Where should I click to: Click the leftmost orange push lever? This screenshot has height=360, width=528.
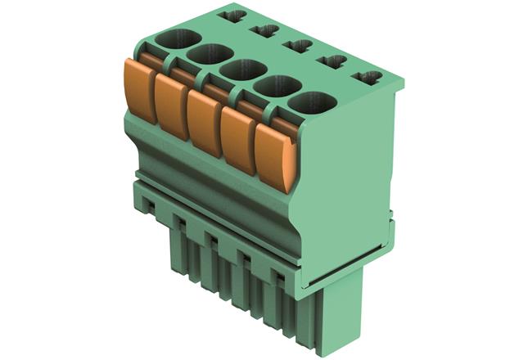point(140,89)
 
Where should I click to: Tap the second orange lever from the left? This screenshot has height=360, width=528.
point(172,106)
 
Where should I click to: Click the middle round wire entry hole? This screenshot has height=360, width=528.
point(242,70)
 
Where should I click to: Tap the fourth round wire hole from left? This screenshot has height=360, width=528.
point(275,86)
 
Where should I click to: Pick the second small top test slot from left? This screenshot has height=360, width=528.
point(266,31)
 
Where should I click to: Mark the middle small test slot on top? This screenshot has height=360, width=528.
point(298,46)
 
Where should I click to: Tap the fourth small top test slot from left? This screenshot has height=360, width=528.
point(332,61)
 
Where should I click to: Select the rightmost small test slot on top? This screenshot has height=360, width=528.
point(367,79)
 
